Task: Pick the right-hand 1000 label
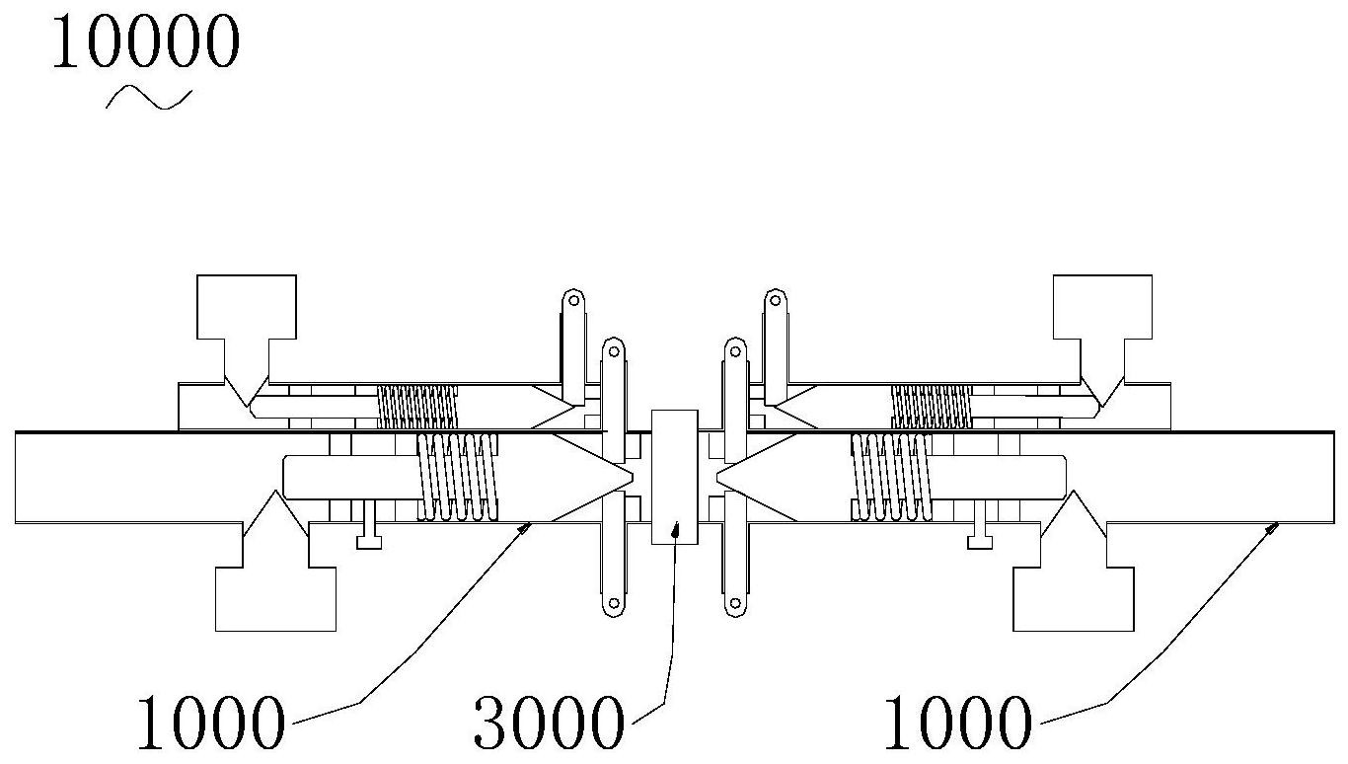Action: tap(955, 724)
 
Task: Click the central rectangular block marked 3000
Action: tap(675, 476)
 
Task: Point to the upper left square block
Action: tap(246, 306)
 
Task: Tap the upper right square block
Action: tap(1102, 306)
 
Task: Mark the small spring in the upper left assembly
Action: tap(417, 406)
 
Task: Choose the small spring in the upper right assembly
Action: tap(931, 406)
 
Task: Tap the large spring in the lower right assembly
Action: tap(892, 476)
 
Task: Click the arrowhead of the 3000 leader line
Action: tap(677, 530)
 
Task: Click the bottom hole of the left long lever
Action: tap(612, 603)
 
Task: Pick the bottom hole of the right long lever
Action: tap(734, 603)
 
